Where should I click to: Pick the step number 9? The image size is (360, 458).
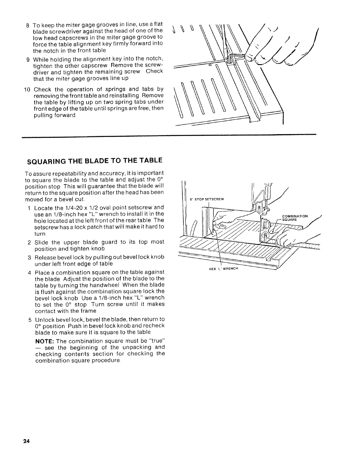tap(28, 59)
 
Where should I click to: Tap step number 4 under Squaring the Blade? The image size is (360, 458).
tap(30, 273)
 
